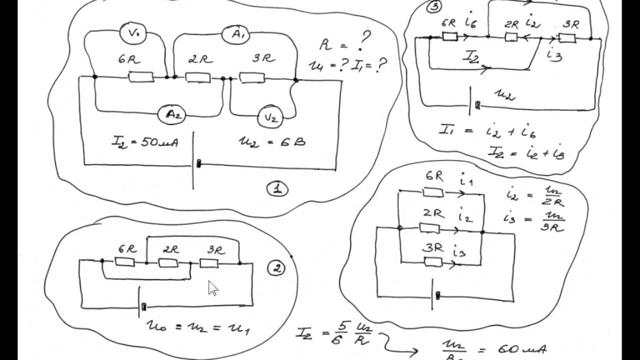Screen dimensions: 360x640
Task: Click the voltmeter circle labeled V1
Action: (133, 33)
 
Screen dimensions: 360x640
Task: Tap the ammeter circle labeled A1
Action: (234, 35)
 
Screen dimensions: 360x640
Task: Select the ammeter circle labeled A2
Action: (172, 114)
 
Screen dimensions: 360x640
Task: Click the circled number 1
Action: (277, 189)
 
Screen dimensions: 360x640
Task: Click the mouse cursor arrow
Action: (213, 288)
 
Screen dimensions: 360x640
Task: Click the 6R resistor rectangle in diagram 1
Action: (141, 77)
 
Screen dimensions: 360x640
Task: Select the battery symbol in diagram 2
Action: (140, 302)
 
